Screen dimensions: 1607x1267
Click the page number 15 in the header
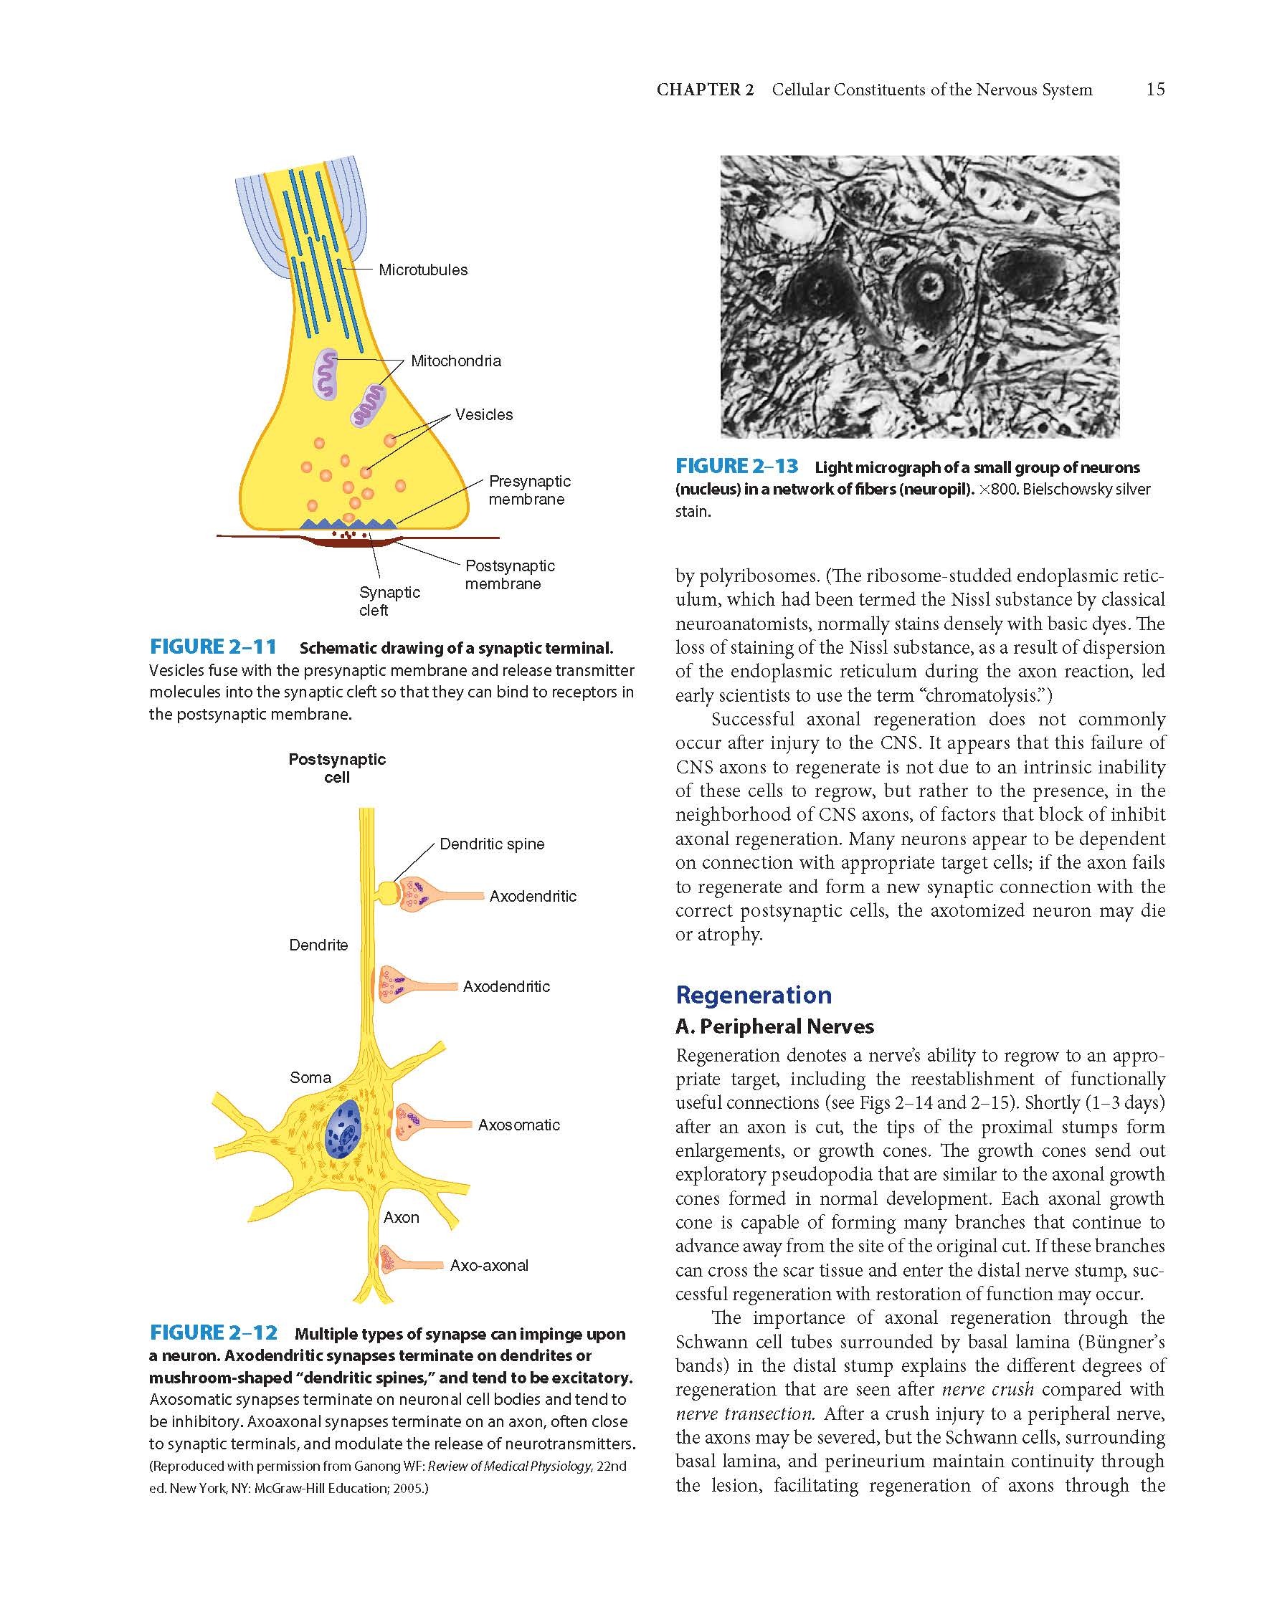(x=1155, y=90)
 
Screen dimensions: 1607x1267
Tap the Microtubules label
(x=423, y=270)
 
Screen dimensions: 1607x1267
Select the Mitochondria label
(x=455, y=361)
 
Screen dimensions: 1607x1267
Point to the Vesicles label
(x=484, y=414)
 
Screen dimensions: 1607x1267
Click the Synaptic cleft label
(x=389, y=601)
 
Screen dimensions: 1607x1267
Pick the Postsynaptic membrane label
(x=510, y=575)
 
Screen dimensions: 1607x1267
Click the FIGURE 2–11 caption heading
(x=213, y=647)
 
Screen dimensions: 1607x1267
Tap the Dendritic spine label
(x=492, y=844)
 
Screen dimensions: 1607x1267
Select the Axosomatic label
(x=518, y=1125)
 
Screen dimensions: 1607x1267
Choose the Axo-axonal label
(x=489, y=1265)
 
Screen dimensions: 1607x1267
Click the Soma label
(x=310, y=1077)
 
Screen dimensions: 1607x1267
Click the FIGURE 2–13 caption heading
(x=736, y=467)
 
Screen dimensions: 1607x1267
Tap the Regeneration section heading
(x=754, y=994)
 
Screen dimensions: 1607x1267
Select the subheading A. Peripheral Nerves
(x=774, y=1026)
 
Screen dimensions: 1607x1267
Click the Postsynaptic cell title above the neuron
(x=338, y=768)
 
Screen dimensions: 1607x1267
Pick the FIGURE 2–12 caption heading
(x=214, y=1332)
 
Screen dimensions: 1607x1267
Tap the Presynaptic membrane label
(x=529, y=490)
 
